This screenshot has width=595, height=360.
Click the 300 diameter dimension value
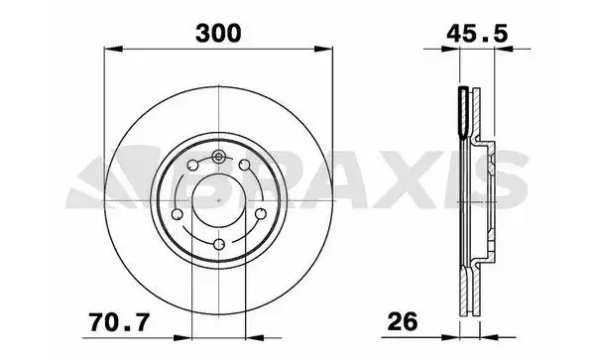point(218,33)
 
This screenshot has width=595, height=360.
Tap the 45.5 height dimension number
point(477,34)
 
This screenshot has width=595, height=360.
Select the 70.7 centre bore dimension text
point(119,323)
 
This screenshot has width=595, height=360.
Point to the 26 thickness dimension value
point(403,322)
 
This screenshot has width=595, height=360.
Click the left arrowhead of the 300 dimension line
point(113,49)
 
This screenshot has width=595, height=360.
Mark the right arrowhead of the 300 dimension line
point(323,49)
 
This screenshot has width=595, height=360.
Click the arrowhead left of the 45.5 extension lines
point(450,49)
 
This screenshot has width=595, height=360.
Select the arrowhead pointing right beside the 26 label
point(450,337)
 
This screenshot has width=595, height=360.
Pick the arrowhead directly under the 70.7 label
point(182,337)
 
